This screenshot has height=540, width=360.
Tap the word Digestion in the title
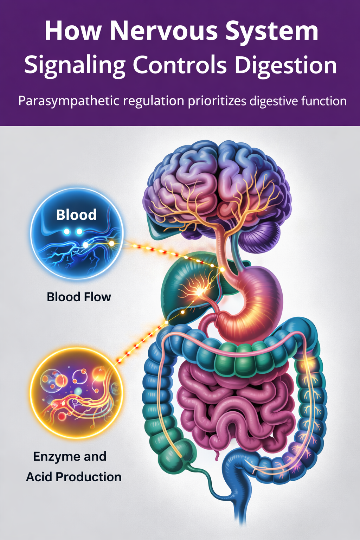(285, 65)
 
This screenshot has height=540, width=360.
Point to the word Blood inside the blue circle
(76, 215)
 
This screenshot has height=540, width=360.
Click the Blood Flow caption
(79, 297)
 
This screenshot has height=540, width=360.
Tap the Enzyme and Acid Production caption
(73, 467)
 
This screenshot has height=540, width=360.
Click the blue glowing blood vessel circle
(77, 234)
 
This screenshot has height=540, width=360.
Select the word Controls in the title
(180, 65)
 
